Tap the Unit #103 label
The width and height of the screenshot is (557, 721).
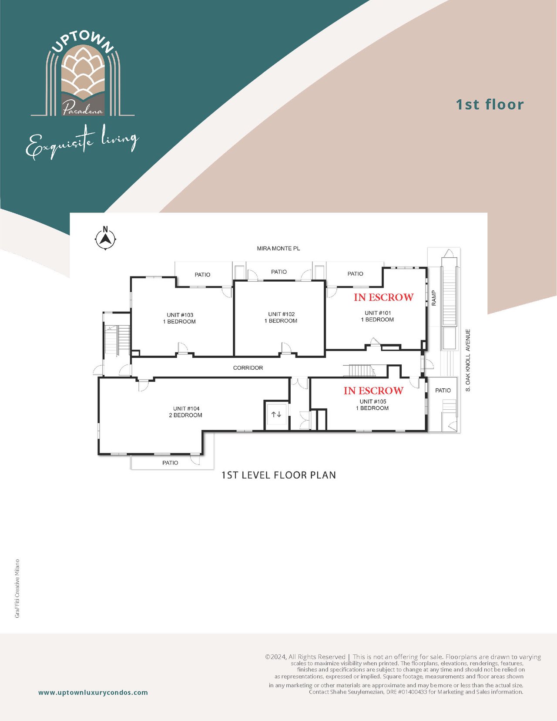point(179,318)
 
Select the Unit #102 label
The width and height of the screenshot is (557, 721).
point(281,317)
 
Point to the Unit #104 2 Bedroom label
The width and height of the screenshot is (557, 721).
point(186,412)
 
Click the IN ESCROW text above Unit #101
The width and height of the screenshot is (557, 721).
point(384,297)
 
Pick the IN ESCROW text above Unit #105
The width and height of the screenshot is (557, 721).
point(373,391)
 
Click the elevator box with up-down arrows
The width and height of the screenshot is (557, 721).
point(276,415)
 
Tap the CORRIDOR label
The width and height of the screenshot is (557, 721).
point(248,367)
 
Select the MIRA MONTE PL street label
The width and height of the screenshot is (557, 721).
point(278,248)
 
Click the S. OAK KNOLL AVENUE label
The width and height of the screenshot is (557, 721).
point(468,360)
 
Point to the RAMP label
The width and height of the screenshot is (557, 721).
point(434,298)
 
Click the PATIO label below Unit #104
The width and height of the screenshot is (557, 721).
point(170,462)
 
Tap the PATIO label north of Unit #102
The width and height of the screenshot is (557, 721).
point(279,272)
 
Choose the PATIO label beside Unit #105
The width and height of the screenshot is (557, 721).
point(443,390)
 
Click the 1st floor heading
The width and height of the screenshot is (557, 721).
point(490,104)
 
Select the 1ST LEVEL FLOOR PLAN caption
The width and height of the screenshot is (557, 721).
point(278,475)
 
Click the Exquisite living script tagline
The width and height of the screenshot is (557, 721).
point(82,142)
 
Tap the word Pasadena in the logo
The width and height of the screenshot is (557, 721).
point(83,109)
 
